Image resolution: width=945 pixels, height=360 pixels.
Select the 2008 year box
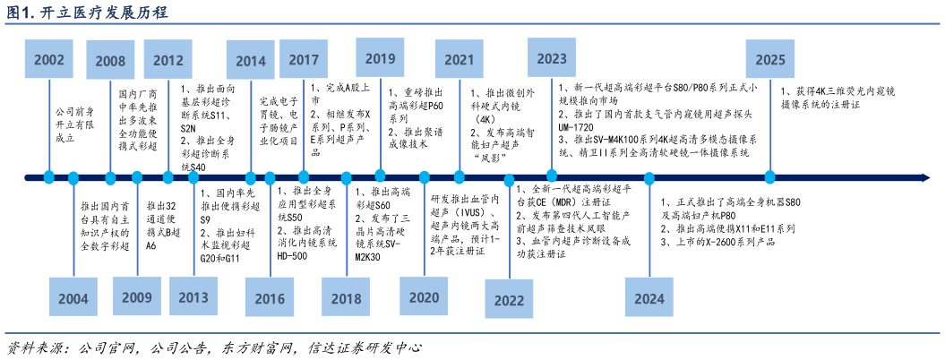click(x=110, y=60)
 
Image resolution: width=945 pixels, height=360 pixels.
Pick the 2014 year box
click(x=251, y=60)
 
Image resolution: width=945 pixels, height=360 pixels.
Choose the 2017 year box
click(x=304, y=59)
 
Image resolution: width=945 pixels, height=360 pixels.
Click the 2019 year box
click(x=381, y=58)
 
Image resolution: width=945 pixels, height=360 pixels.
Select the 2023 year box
click(x=552, y=58)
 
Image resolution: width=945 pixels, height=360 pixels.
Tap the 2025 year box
click(x=769, y=59)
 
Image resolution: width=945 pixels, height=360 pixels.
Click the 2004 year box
click(x=73, y=298)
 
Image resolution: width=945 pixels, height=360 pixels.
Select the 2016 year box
click(x=270, y=298)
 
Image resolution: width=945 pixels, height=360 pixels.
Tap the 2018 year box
click(x=346, y=298)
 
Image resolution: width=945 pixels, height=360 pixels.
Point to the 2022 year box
click(x=510, y=300)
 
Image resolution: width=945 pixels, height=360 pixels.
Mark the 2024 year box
click(x=649, y=298)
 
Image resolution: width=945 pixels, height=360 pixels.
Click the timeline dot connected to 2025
click(x=769, y=177)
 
